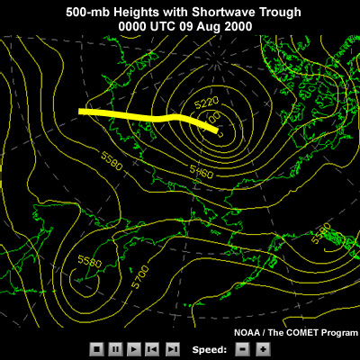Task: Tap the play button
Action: coord(134,348)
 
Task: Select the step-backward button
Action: coord(152,348)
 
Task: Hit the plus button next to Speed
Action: coord(261,348)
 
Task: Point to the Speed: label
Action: coord(208,348)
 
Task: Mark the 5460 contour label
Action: coord(200,168)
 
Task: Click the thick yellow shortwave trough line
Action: coord(144,115)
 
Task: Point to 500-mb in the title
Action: coord(87,12)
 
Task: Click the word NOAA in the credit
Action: coord(249,332)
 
